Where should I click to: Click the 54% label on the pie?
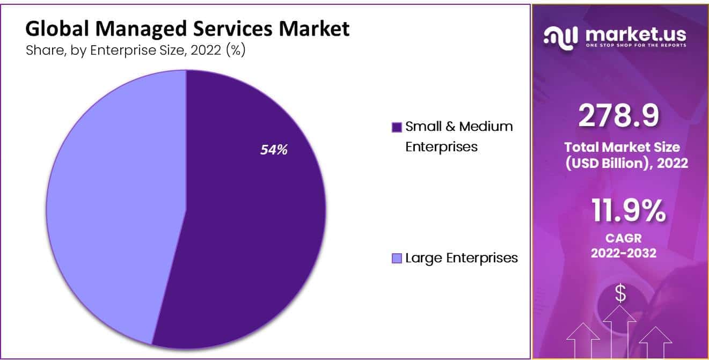coord(274,150)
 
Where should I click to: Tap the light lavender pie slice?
coord(118,204)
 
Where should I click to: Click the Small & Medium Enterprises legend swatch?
coord(397,128)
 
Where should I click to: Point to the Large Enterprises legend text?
coord(462,258)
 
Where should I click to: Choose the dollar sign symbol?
coord(620,293)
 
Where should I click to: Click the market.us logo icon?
coord(561,36)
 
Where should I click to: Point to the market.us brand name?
coord(636,34)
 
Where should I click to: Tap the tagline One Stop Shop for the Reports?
coord(636,45)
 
